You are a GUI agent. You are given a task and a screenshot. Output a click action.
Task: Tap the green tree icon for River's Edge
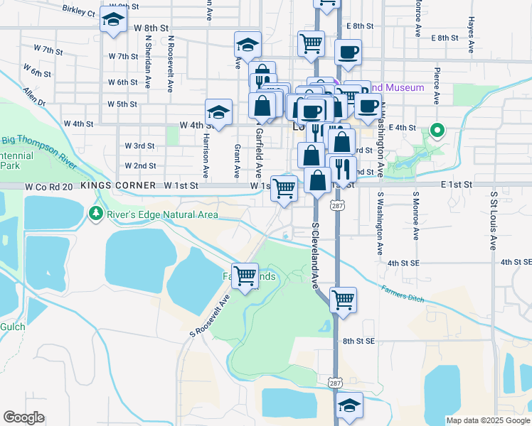[95, 212]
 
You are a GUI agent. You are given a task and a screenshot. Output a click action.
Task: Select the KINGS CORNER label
[118, 185]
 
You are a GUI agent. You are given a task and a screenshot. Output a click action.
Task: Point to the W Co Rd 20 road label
[49, 185]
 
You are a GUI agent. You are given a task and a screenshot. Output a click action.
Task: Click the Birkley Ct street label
[78, 11]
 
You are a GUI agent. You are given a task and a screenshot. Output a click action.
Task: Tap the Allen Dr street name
[33, 97]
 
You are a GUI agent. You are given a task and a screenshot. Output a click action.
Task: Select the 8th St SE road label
[358, 341]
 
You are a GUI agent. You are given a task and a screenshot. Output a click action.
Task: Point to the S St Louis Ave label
[492, 220]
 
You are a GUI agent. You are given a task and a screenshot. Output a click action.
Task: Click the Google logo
[23, 417]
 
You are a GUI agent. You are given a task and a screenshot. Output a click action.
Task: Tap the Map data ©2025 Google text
[488, 420]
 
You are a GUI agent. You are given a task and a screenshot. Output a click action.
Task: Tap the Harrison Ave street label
[206, 155]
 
